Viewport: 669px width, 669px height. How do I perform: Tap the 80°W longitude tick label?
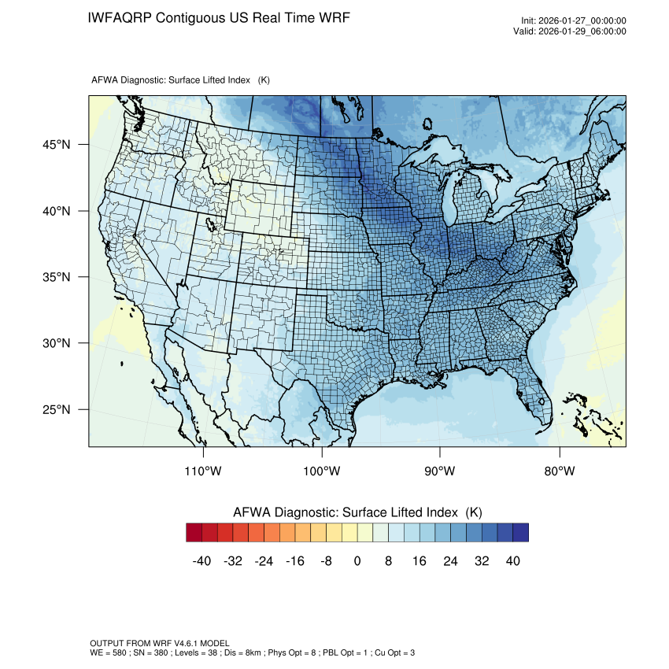point(559,471)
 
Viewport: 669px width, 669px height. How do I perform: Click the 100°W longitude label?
point(322,471)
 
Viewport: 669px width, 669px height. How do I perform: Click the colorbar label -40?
point(201,561)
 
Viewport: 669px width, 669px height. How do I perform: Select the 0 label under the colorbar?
point(357,561)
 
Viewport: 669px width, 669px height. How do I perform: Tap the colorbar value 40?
point(512,561)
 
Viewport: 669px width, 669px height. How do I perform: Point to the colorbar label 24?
point(450,561)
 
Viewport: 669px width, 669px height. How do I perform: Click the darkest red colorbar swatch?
point(194,533)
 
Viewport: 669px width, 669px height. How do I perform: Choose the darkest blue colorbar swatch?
point(520,533)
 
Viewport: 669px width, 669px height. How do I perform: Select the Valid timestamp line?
point(574,31)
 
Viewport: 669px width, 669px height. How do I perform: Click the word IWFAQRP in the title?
point(120,17)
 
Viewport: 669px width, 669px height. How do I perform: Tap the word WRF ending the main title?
point(334,17)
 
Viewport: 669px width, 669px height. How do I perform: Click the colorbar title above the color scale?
point(357,512)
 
